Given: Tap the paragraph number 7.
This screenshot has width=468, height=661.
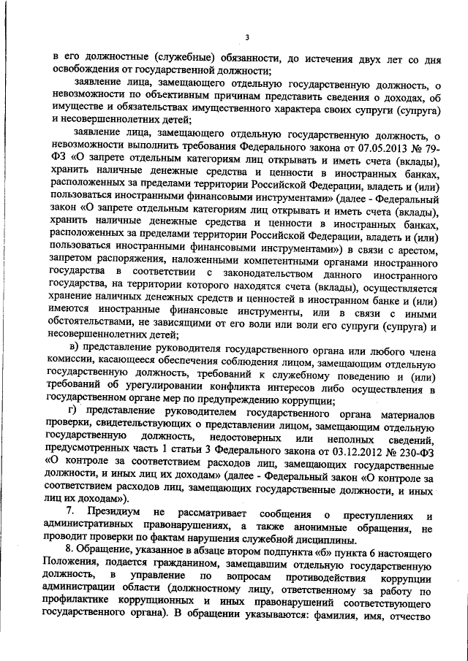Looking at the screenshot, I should [70, 509].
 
